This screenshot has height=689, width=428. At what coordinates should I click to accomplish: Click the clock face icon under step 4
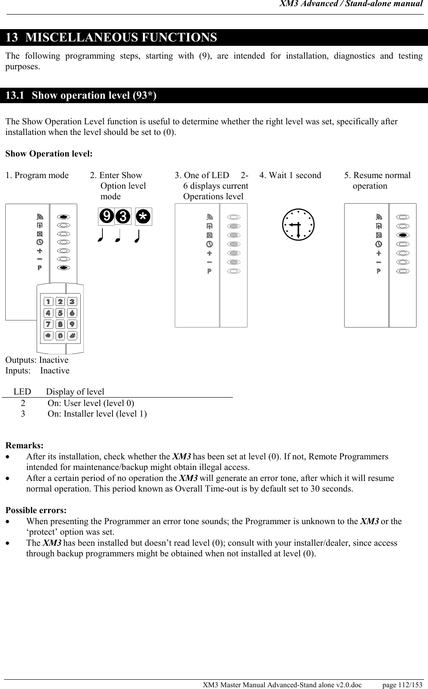[x=298, y=224]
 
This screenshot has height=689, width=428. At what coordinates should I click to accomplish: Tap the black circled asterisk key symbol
[x=143, y=216]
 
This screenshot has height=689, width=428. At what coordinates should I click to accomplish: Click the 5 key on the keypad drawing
[x=60, y=313]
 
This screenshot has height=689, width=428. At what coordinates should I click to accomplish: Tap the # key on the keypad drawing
[x=72, y=335]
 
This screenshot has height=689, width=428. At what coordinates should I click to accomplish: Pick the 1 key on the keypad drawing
[x=49, y=302]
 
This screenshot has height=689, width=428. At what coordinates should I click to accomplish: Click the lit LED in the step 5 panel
[x=402, y=235]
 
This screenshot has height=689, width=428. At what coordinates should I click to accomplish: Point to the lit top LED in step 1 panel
[x=64, y=217]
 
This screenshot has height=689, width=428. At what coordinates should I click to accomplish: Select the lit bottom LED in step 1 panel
[x=64, y=268]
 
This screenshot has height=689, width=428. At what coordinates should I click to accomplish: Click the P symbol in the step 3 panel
[x=210, y=271]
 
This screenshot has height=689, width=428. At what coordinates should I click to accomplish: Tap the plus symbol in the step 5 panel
[x=379, y=253]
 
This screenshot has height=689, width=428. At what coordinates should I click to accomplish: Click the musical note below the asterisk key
[x=137, y=237]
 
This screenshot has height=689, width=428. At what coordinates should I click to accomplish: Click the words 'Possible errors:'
[x=36, y=510]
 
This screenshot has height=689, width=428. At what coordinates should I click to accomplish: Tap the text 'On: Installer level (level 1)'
[x=97, y=413]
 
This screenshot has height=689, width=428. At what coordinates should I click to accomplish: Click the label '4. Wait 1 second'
[x=290, y=175]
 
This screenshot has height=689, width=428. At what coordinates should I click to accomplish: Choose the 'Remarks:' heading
[x=24, y=446]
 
